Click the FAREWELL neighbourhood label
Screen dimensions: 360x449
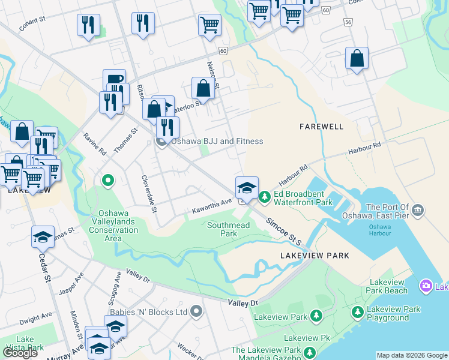[322, 127]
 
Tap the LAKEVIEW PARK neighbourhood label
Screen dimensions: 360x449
[315, 256]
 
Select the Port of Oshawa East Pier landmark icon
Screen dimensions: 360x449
[418, 211]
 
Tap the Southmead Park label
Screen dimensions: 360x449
[228, 229]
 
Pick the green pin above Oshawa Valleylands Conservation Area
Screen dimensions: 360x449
[108, 179]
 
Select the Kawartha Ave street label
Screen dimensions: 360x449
[211, 206]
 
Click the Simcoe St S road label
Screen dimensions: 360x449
[286, 231]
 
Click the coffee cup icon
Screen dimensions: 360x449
[114, 80]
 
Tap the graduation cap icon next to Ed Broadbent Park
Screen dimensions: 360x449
[247, 187]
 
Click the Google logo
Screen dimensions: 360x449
[20, 353]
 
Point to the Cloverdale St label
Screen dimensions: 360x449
[148, 194]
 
